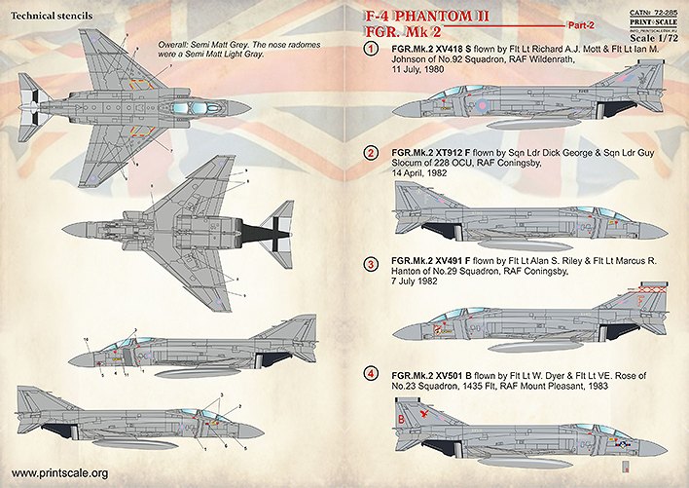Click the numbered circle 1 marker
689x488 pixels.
[x=371, y=49]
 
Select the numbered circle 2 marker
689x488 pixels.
[x=371, y=154]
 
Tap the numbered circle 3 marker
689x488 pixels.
[x=371, y=264]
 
